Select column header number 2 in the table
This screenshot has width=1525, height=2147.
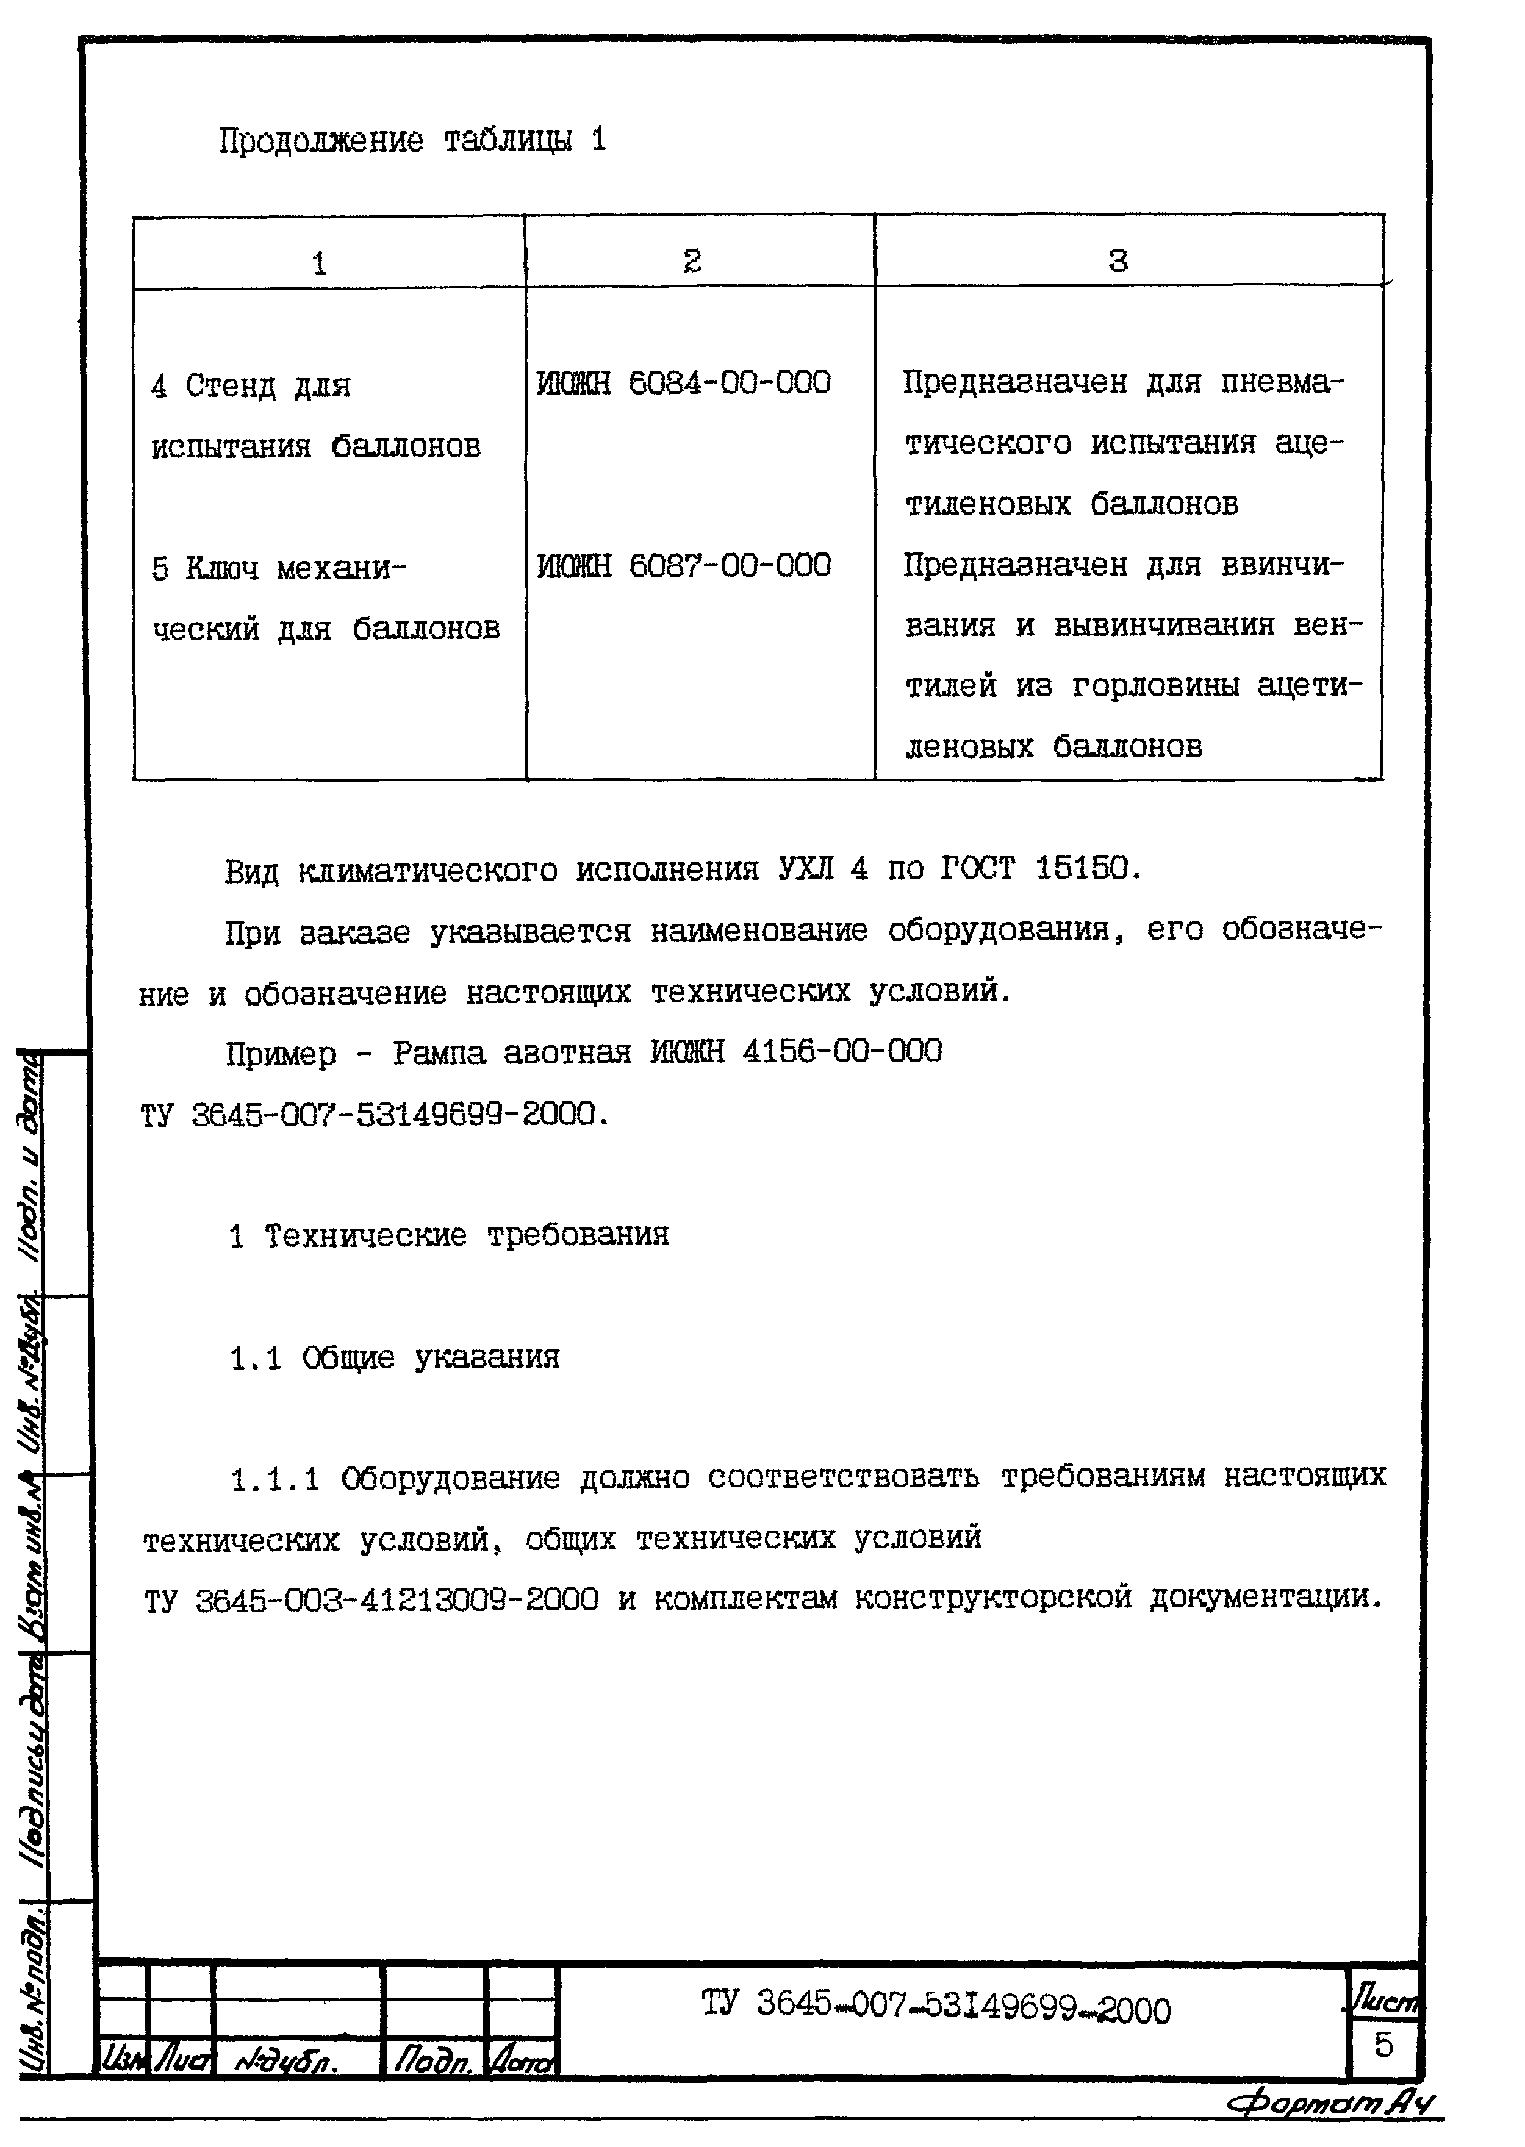click(692, 260)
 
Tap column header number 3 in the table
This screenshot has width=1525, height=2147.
click(1118, 260)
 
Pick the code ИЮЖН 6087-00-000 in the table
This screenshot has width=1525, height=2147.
click(684, 565)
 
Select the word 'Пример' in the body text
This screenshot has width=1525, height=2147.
click(281, 1054)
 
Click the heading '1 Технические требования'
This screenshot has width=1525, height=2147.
click(449, 1235)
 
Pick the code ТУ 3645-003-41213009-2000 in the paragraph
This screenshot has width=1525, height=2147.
click(371, 1599)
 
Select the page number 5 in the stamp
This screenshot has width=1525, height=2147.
click(1383, 2044)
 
